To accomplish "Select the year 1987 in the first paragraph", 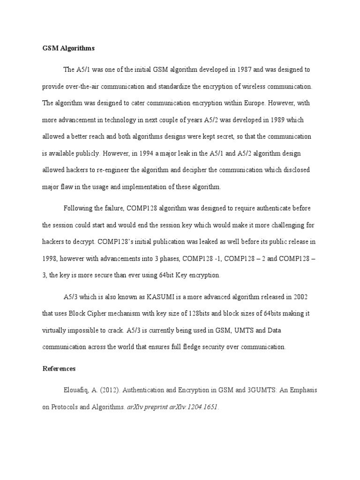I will pos(247,69).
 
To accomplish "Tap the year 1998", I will pos(50,258).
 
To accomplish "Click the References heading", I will pos(59,369).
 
